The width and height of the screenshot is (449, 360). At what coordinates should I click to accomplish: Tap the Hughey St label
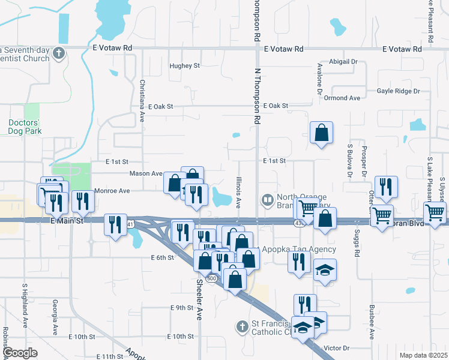(x=184, y=65)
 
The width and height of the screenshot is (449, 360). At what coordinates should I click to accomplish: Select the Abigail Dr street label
(x=343, y=62)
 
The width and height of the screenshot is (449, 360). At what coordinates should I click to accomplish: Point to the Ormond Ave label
(x=343, y=98)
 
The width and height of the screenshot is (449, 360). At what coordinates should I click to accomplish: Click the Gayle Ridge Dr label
(x=399, y=91)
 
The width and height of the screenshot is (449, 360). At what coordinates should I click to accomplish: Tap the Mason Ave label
(x=146, y=174)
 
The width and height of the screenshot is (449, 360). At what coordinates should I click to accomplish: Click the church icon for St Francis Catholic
(x=241, y=327)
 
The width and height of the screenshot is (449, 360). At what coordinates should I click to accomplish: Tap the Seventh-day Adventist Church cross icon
(x=58, y=53)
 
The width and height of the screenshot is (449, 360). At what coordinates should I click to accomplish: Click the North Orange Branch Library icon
(x=266, y=199)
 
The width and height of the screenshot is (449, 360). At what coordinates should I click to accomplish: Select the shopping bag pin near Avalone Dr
(x=322, y=133)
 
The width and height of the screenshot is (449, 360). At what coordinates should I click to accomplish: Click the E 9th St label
(x=182, y=308)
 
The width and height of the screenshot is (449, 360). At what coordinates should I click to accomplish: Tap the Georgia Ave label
(x=55, y=317)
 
